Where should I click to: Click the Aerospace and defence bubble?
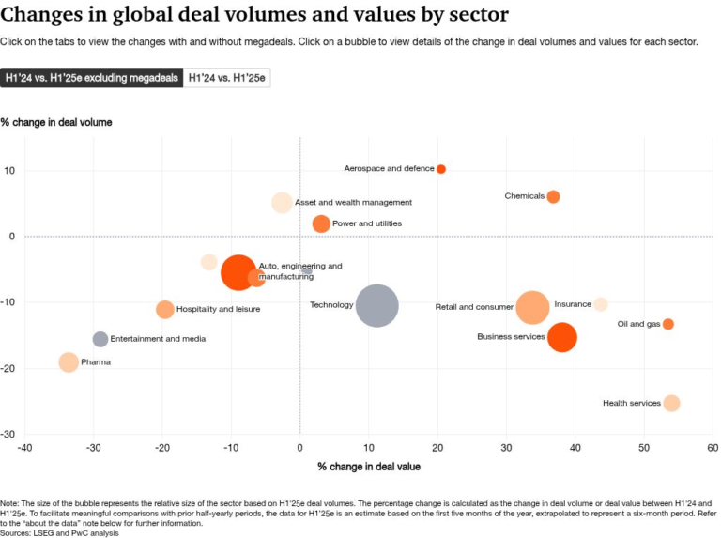pyautogui.click(x=441, y=169)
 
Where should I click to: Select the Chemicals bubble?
pyautogui.click(x=553, y=196)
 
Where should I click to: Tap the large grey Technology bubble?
pyautogui.click(x=376, y=305)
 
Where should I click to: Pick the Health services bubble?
pyautogui.click(x=671, y=403)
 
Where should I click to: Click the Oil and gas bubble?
pyautogui.click(x=667, y=324)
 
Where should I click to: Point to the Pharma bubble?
pyautogui.click(x=69, y=362)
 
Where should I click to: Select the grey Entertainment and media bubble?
pyautogui.click(x=100, y=339)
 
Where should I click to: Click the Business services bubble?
pyautogui.click(x=561, y=337)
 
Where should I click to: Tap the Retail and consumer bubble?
pyautogui.click(x=532, y=307)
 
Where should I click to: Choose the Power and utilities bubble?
pyautogui.click(x=321, y=223)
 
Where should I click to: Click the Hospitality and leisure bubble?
pyautogui.click(x=165, y=309)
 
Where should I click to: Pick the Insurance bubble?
pyautogui.click(x=601, y=304)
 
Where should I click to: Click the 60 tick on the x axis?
pyautogui.click(x=713, y=447)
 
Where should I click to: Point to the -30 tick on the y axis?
pyautogui.click(x=9, y=434)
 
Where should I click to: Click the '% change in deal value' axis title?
pyautogui.click(x=368, y=467)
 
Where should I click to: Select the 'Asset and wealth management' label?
pyautogui.click(x=353, y=202)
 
